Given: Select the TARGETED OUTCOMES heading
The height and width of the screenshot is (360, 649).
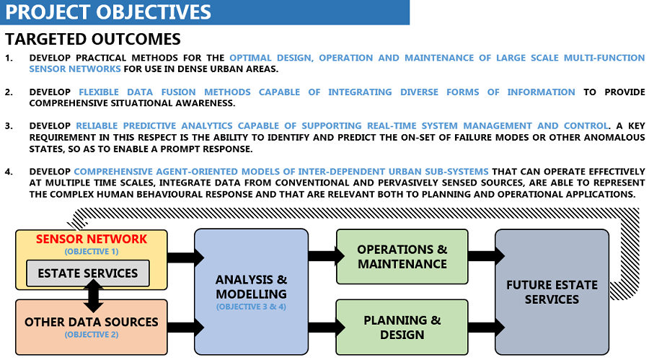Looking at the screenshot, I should [x=93, y=39].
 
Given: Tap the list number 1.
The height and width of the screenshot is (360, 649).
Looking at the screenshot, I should [x=9, y=58].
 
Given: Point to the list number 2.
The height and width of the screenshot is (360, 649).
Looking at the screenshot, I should [x=9, y=92].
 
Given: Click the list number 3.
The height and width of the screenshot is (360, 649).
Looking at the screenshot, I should [x=9, y=126].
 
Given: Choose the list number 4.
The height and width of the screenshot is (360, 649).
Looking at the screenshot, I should [x=9, y=172].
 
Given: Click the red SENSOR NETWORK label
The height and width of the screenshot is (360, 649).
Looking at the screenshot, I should [x=91, y=239].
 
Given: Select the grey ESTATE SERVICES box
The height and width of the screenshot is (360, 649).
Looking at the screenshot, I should [x=88, y=273].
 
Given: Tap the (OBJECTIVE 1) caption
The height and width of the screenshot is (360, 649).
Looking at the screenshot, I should [x=91, y=251].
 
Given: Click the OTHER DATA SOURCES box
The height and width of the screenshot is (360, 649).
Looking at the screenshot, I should [x=91, y=322].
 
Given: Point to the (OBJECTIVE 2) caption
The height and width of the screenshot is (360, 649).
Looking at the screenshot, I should [x=91, y=335].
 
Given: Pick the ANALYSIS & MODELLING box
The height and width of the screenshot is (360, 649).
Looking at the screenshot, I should [x=252, y=287].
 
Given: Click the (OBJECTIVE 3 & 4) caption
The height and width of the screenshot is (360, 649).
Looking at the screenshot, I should [x=252, y=307].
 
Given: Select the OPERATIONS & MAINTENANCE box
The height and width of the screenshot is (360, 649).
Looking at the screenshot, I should [x=402, y=257].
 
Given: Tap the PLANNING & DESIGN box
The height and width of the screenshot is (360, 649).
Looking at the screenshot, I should [x=402, y=327].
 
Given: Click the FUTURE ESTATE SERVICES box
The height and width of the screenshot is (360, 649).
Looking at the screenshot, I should [x=552, y=291].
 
